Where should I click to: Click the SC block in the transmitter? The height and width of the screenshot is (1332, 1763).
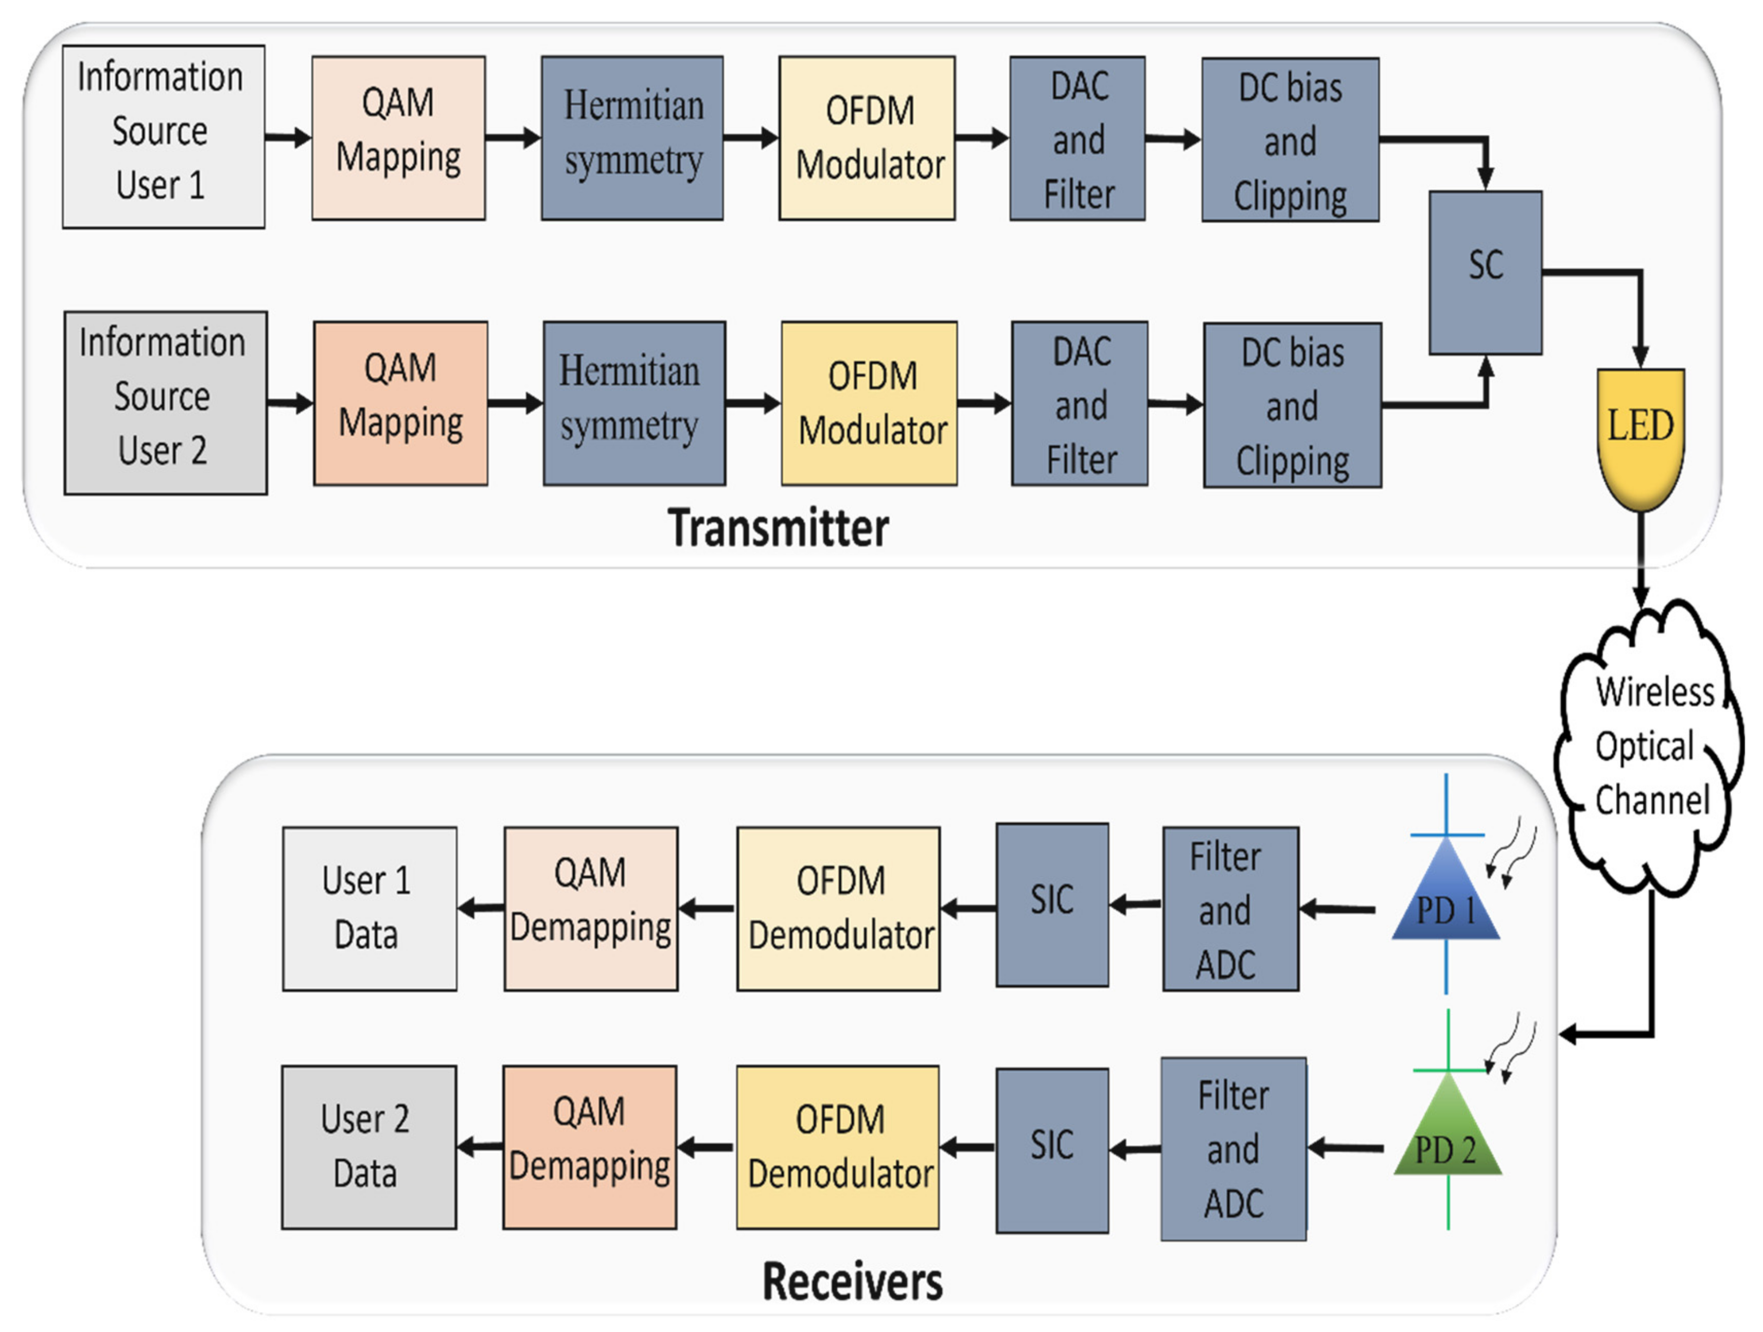pyautogui.click(x=1485, y=273)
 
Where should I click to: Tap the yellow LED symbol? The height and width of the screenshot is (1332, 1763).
pyautogui.click(x=1640, y=434)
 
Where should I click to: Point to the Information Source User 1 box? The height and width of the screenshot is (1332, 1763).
pyautogui.click(x=164, y=136)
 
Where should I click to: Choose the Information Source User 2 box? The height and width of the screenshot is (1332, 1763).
pyautogui.click(x=165, y=402)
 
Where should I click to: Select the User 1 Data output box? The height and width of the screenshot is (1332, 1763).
pyautogui.click(x=369, y=908)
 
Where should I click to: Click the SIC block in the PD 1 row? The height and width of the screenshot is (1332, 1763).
pyautogui.click(x=1052, y=904)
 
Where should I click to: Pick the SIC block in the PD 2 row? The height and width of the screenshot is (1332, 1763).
pyautogui.click(x=1052, y=1149)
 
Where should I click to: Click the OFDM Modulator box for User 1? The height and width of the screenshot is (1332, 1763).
pyautogui.click(x=867, y=138)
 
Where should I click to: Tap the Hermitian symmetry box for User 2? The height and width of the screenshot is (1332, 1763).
pyautogui.click(x=633, y=403)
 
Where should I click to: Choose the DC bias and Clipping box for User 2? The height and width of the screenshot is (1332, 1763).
pyautogui.click(x=1292, y=405)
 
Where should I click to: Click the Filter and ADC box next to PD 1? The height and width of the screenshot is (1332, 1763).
pyautogui.click(x=1230, y=908)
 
